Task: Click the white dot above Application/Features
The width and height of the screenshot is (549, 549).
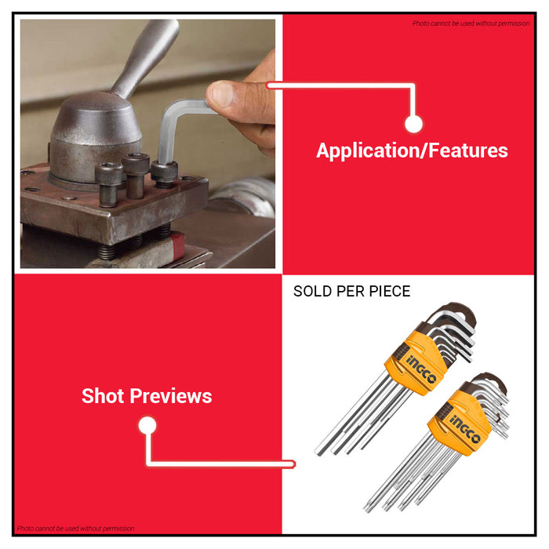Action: click(413, 124)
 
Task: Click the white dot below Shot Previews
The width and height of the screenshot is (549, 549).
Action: click(147, 425)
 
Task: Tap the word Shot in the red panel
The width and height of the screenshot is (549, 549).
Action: click(103, 396)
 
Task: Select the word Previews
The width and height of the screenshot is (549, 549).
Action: click(171, 397)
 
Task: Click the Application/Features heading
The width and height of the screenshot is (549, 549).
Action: click(412, 151)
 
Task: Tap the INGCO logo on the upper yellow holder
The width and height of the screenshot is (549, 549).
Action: click(422, 369)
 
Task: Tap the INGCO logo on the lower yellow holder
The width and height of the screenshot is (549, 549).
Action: click(464, 429)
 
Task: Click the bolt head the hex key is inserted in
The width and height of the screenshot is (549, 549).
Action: click(164, 172)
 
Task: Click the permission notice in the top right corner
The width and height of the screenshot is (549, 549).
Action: click(471, 24)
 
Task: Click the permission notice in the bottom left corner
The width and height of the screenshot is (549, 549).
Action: click(75, 529)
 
